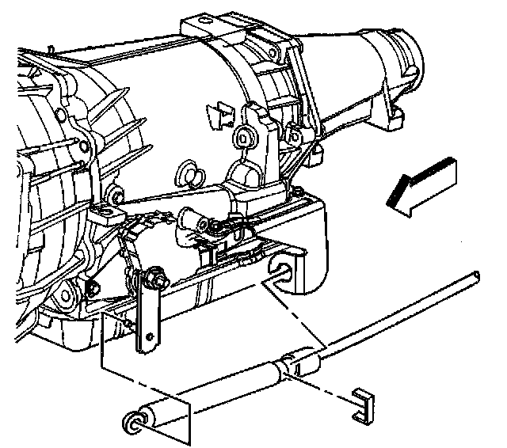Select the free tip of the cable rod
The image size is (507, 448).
click(475, 275)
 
